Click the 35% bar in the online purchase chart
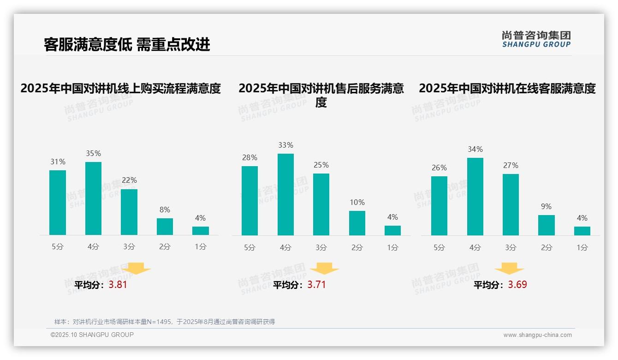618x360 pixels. [x=94, y=198]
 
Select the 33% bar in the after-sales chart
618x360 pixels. [x=285, y=194]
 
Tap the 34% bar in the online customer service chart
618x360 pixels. [x=475, y=197]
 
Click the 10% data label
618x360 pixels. [x=357, y=202]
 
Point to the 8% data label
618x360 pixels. [x=165, y=210]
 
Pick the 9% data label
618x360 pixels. [x=546, y=206]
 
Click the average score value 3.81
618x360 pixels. [x=118, y=285]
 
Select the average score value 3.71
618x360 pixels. [x=316, y=285]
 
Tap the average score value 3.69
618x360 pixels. [x=517, y=285]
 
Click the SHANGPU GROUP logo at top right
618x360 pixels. [x=536, y=39]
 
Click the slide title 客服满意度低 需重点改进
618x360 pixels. [x=127, y=44]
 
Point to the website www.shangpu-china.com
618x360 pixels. [x=537, y=335]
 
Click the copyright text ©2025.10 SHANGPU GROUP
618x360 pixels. [x=92, y=335]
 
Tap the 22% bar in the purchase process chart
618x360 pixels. [x=129, y=212]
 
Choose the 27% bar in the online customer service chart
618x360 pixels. [x=511, y=204]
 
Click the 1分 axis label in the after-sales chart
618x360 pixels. [x=392, y=247]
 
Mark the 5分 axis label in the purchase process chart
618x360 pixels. [x=58, y=246]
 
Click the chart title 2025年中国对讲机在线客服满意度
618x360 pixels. [x=507, y=88]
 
